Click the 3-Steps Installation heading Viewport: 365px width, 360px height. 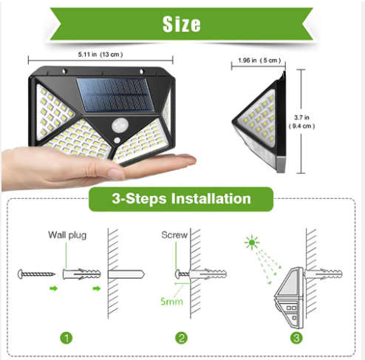coord(181,199)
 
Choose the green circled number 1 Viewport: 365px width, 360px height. coord(66,339)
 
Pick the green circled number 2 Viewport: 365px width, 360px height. coord(182,339)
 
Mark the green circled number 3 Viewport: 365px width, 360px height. coord(296,339)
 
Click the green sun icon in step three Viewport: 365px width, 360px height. coord(253,242)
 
